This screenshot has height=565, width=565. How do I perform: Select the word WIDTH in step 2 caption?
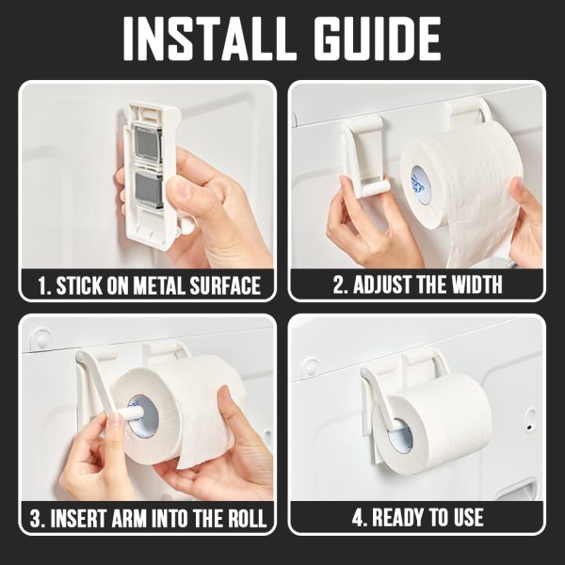[476, 284]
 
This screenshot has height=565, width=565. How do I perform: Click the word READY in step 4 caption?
[397, 518]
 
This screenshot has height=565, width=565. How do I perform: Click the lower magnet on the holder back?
[149, 190]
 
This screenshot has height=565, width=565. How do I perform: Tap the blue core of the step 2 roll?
[421, 186]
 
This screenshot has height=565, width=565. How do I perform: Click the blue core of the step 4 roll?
[400, 435]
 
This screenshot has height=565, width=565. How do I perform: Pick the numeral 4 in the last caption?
[357, 518]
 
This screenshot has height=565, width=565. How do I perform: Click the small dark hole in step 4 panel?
[529, 428]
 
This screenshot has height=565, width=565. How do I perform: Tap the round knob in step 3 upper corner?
[41, 339]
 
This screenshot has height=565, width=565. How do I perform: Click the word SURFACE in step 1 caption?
[225, 285]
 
